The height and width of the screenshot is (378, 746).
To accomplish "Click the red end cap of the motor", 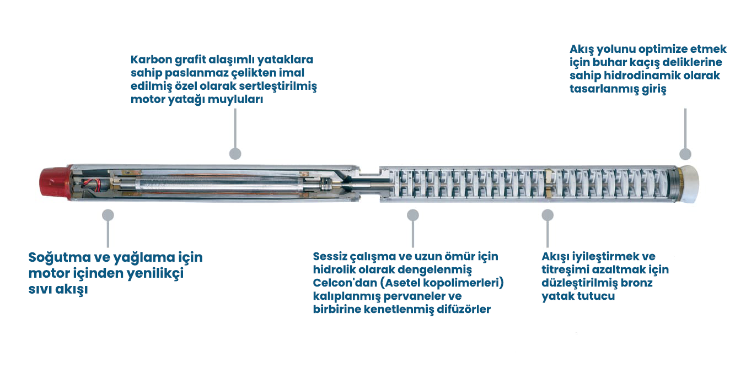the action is tap(55, 183).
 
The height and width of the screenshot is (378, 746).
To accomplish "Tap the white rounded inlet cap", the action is tap(689, 185).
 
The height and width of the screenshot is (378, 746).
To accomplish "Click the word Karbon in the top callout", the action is tap(151, 60).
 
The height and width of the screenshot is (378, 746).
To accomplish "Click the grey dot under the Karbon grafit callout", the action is tap(235, 154).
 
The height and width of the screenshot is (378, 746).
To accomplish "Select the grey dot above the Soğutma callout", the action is tap(108, 215).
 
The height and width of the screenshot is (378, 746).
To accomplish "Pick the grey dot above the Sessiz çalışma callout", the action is tap(413, 215).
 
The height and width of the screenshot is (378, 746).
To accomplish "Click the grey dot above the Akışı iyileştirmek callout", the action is tap(548, 215).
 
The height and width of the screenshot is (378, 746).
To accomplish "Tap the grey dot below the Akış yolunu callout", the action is tap(685, 154).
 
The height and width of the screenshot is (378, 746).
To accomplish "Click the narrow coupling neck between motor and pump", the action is tap(369, 183).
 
